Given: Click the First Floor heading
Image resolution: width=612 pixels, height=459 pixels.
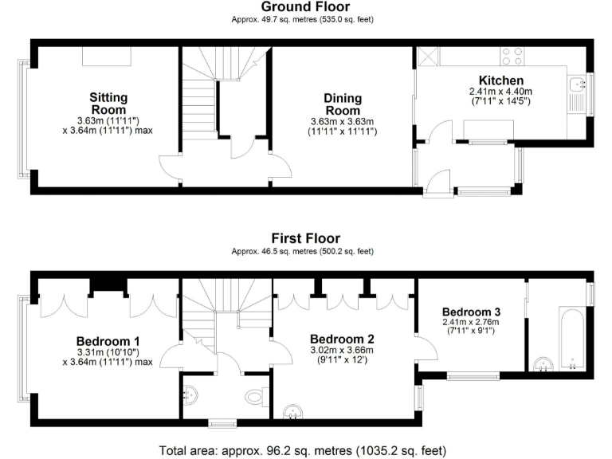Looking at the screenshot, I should click(305, 238).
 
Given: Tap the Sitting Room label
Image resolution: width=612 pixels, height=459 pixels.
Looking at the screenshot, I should click(108, 104).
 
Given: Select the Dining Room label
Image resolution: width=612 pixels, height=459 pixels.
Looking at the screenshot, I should click(343, 104).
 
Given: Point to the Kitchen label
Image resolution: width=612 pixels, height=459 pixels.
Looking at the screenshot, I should click(500, 80).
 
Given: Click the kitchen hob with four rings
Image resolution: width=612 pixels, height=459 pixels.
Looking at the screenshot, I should click(512, 56).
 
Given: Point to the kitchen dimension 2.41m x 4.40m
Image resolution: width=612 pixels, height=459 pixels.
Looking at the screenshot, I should click(500, 96).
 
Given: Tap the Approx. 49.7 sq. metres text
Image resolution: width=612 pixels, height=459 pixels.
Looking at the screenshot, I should click(303, 19).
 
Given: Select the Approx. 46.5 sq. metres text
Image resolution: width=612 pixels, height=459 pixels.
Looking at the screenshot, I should click(303, 251).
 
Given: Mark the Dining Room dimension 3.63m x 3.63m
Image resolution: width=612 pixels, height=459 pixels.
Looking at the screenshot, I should click(343, 126).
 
